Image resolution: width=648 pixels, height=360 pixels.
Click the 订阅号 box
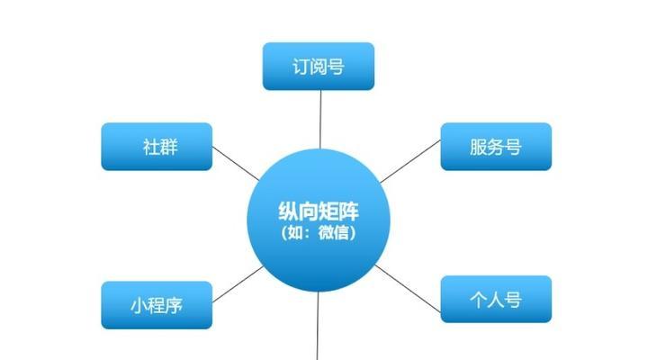coord(319,66)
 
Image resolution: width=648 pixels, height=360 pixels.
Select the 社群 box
coord(157,147)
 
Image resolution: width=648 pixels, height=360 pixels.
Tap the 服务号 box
coord(496,147)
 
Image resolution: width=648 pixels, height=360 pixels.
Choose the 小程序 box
coord(157,305)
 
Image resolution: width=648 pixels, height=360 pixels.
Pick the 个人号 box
coord(496,299)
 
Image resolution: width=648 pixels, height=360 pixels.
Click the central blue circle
coord(319,220)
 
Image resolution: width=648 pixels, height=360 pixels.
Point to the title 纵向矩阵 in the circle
coord(319,211)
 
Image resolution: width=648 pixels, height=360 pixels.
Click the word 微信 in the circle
coord(334,233)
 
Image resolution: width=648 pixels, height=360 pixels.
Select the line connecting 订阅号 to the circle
coord(320,120)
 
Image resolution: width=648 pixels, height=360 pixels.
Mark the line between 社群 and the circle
coord(236,163)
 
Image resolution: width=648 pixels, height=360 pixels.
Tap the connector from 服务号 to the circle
coord(410,161)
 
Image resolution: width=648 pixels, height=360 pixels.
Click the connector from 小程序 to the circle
coord(238,284)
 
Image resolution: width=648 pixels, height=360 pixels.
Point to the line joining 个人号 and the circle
coord(408,289)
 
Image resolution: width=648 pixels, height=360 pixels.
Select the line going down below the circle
coord(318,326)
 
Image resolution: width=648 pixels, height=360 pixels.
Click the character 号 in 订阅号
coord(336,67)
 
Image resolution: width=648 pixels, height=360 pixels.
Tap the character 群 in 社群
coord(169,147)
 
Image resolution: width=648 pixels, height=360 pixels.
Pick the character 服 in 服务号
coord(478,147)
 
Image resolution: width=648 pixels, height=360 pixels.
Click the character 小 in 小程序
coord(139,306)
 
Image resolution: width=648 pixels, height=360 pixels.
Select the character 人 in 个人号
coord(496,299)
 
